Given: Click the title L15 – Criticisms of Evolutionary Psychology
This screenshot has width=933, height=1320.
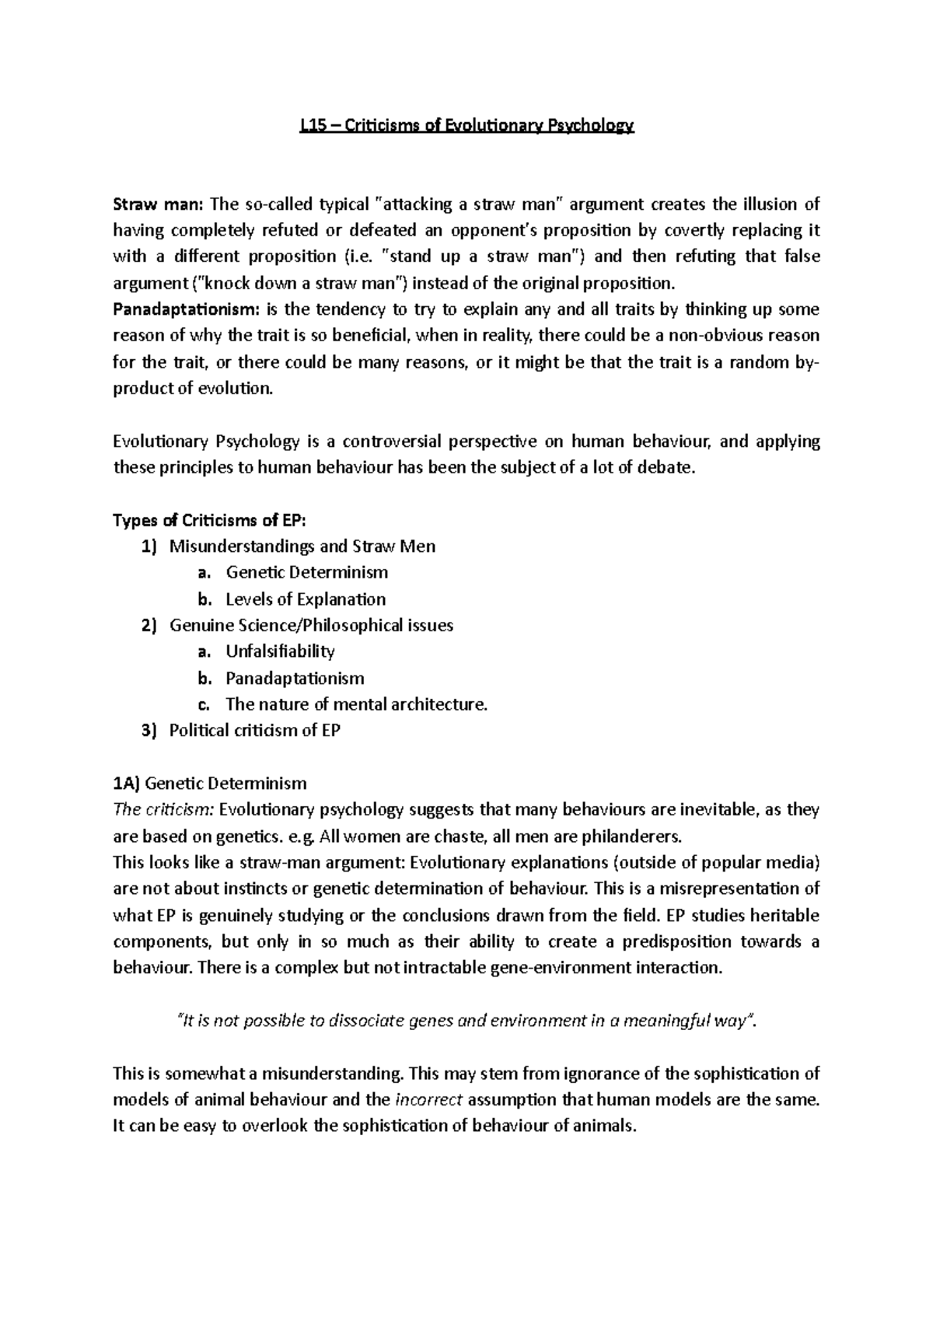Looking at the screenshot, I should coord(467,126).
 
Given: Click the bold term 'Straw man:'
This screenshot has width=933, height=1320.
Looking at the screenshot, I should coord(158,205).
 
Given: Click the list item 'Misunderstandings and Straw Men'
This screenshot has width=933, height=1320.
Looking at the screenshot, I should coord(302,547).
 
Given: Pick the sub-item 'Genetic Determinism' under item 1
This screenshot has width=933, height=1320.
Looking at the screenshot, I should coord(306,573).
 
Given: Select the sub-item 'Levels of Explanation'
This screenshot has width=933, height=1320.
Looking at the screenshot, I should coord(306,599).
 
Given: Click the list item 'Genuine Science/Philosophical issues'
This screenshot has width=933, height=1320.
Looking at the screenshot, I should coord(311,626).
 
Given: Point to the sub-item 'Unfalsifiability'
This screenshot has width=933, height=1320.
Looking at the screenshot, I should coord(280,651).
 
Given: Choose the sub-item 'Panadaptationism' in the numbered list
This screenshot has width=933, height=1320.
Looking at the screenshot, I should coord(295,678).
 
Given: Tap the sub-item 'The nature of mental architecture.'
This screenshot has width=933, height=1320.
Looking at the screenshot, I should coord(356,704).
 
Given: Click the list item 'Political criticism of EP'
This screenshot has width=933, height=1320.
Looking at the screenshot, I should coord(255,731).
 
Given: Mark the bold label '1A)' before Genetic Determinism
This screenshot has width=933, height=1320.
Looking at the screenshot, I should coord(127,783).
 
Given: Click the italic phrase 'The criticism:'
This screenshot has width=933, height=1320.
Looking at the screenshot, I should coord(163,810).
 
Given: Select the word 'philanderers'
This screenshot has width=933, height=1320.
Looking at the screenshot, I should coord(634,836).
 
